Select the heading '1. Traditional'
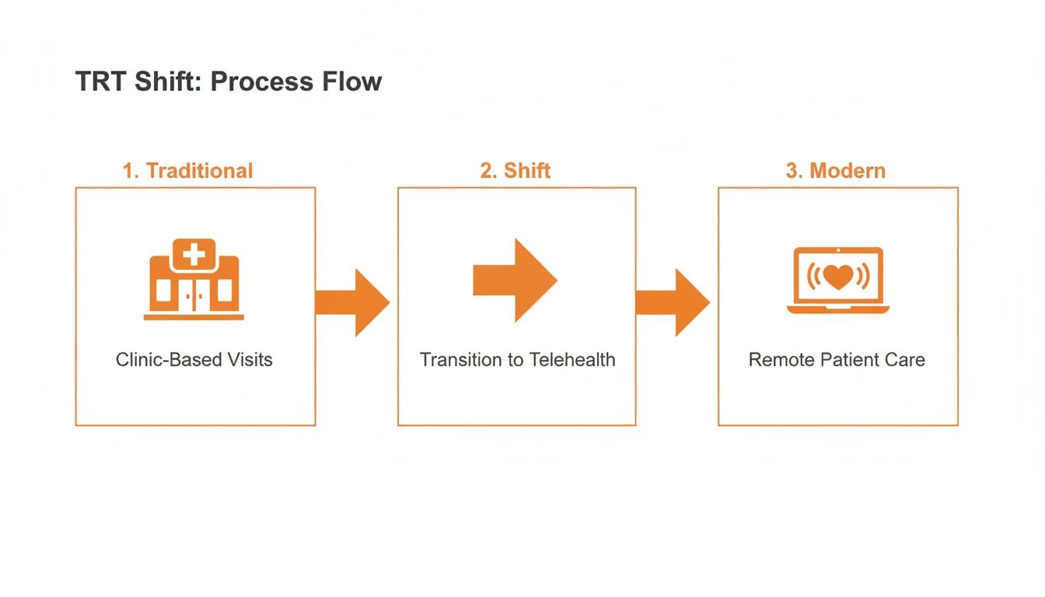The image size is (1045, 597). point(187,171)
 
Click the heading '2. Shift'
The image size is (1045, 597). point(516,171)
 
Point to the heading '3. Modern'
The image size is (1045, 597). point(836,171)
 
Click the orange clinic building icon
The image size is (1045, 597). point(194,280)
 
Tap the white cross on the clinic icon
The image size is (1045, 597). point(194,254)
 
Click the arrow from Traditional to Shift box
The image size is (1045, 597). point(354,302)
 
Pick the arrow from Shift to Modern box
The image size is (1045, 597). point(674,302)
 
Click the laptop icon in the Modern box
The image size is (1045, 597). point(837,281)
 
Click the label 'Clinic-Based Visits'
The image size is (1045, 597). point(194,360)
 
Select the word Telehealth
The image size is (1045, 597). point(572,360)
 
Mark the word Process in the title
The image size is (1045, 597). point(264,82)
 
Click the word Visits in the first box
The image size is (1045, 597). point(250,360)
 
